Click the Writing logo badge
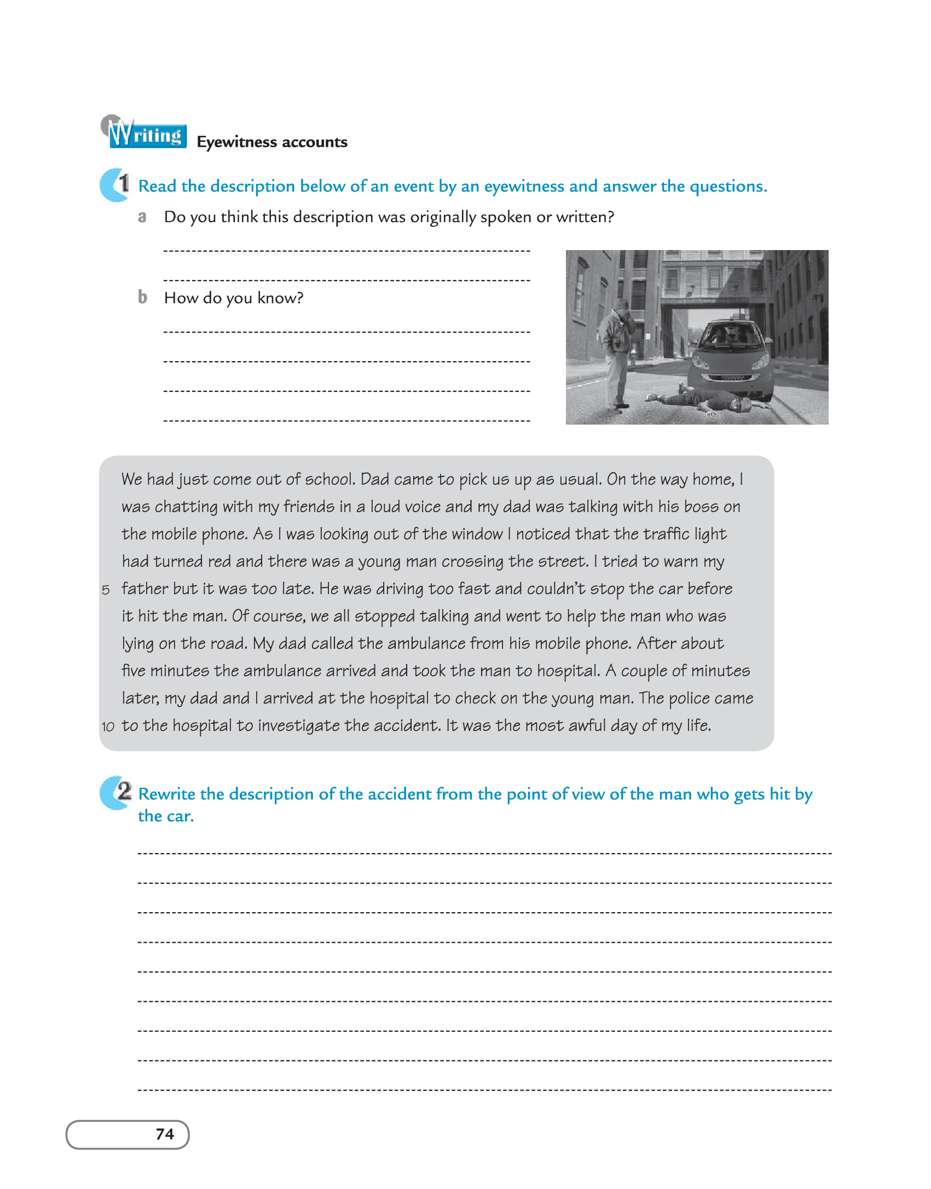144,132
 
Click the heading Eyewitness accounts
272,142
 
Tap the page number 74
165,1134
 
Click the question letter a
142,217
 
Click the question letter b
142,297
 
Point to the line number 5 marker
106,590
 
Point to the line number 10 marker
108,727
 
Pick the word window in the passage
476,534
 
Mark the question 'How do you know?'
234,298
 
